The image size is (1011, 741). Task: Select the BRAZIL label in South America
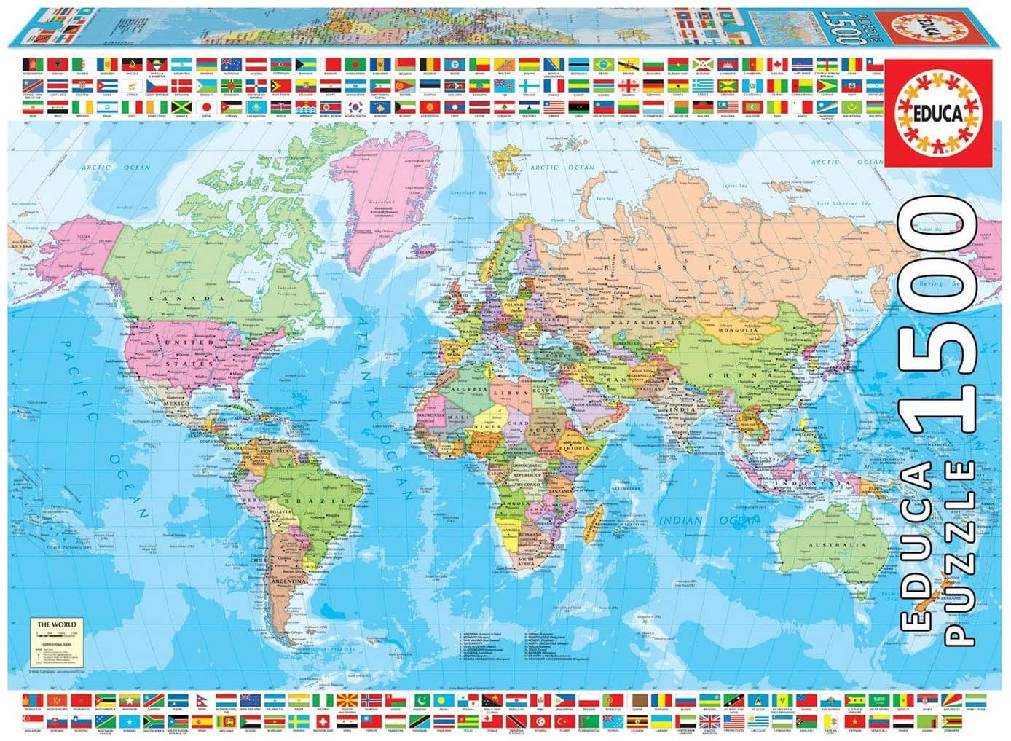pos(300,502)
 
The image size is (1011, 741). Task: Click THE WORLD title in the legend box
pos(56,624)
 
